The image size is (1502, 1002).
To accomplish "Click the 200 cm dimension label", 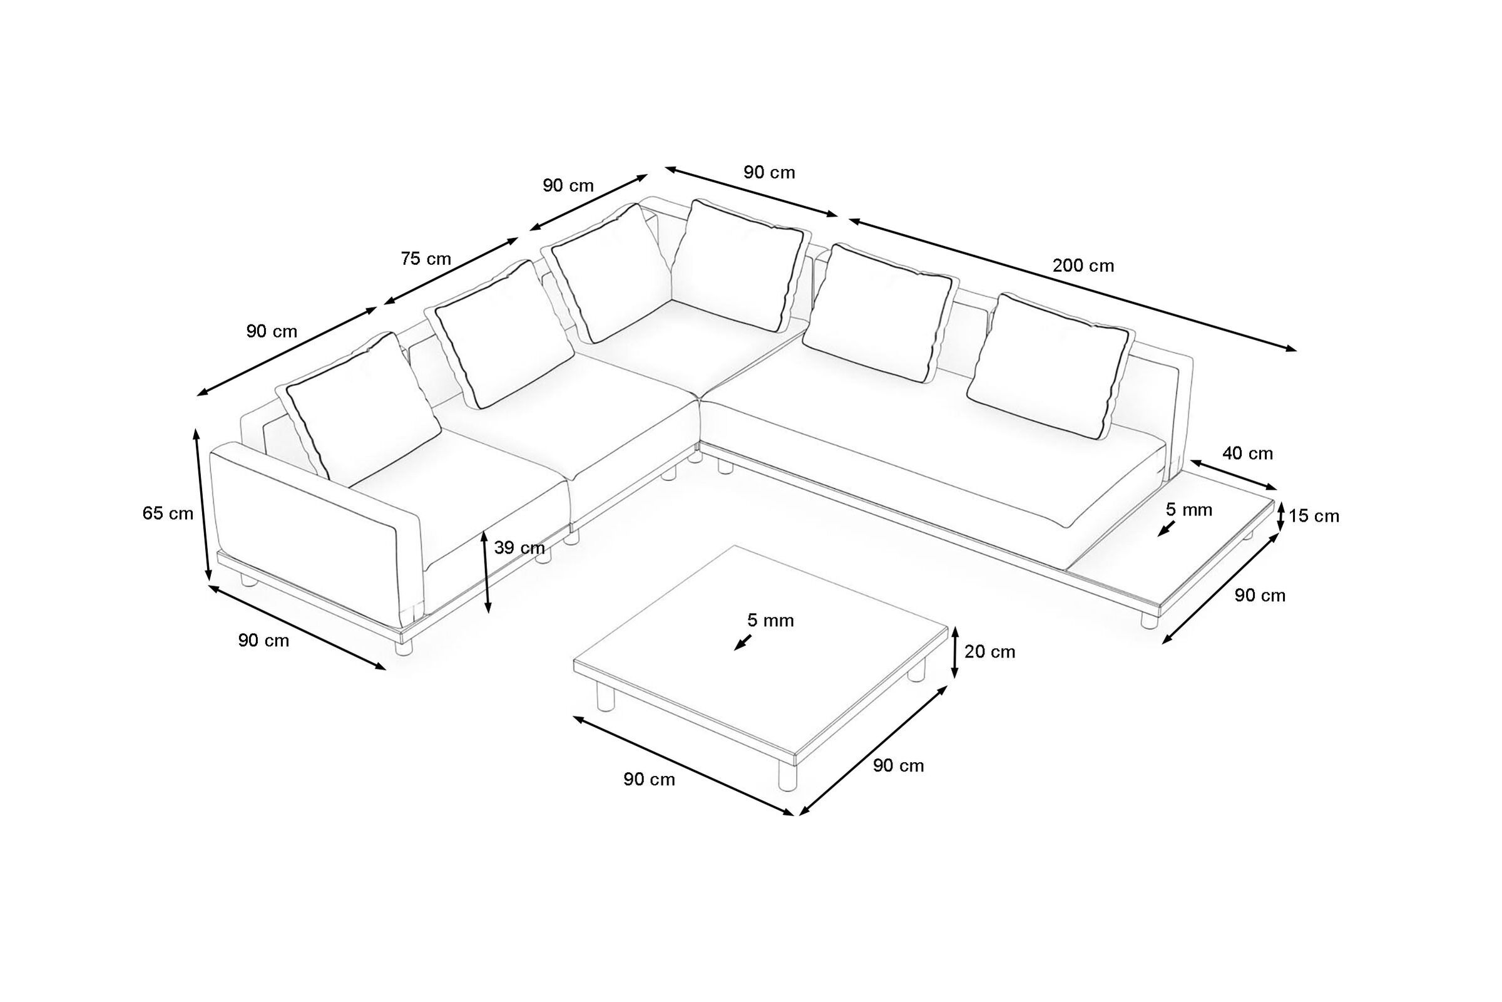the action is (x=1083, y=265).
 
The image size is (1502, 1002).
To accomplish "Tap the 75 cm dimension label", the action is (x=426, y=259).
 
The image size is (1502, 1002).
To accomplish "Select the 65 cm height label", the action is (x=168, y=513).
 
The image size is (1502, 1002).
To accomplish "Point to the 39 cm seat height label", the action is (x=519, y=547).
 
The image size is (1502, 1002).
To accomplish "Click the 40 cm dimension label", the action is (x=1248, y=453).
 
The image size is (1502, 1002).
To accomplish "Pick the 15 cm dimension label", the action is (x=1314, y=515).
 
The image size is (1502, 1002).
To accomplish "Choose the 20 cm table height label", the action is (x=989, y=652).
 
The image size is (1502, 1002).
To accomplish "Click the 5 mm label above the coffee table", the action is (x=771, y=620).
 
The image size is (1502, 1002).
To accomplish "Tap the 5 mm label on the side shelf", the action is (x=1189, y=509).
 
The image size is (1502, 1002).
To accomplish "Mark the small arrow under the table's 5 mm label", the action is (x=743, y=643).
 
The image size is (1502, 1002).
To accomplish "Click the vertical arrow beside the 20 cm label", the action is (x=955, y=652).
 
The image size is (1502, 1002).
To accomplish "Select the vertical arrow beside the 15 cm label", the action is (x=1280, y=516).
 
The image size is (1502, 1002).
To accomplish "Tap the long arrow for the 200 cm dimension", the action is (x=1073, y=285).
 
